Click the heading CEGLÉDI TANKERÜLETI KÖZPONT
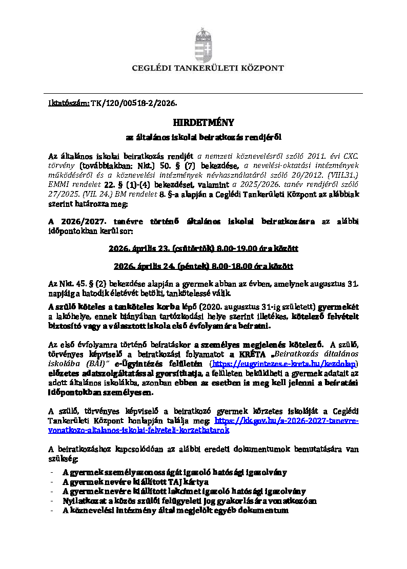(x=208, y=68)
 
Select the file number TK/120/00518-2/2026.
(x=134, y=103)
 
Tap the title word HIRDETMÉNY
(x=203, y=122)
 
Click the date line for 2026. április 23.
(x=203, y=248)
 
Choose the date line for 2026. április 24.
(x=203, y=266)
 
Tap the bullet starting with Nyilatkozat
(x=189, y=501)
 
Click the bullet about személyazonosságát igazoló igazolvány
(x=174, y=472)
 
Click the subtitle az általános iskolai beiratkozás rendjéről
(x=203, y=137)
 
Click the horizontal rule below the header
(x=203, y=93)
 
